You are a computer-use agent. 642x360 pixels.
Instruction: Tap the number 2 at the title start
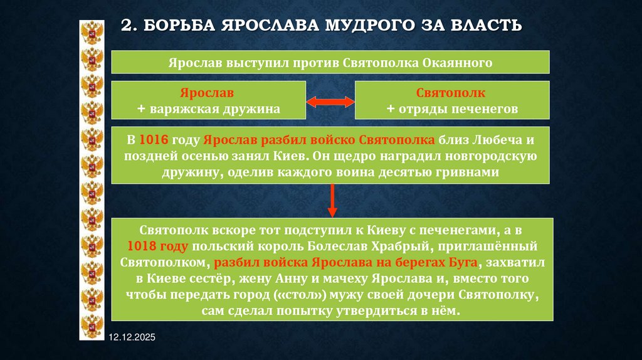126,26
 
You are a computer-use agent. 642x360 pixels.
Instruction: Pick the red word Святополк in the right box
453,93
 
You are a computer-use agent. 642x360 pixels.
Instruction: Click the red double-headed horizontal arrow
330,101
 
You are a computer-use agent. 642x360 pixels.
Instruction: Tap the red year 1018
142,246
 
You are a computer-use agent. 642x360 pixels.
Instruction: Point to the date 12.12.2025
132,338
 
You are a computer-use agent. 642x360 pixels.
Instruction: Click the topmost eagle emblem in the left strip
92,31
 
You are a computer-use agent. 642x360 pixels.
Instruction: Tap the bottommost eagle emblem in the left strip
92,327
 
